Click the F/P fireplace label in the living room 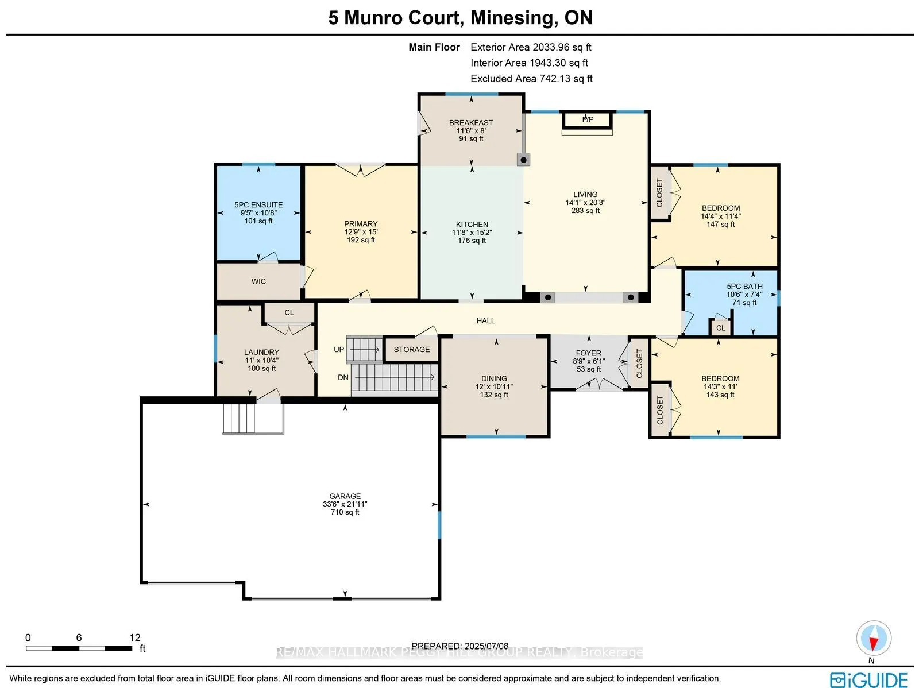pyautogui.click(x=588, y=119)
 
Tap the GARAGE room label pyautogui.click(x=345, y=496)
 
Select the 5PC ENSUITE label pyautogui.click(x=258, y=204)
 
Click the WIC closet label pyautogui.click(x=258, y=281)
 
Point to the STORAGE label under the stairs pyautogui.click(x=411, y=349)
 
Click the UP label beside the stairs pyautogui.click(x=339, y=349)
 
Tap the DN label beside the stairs pyautogui.click(x=343, y=377)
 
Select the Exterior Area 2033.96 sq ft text pyautogui.click(x=530, y=47)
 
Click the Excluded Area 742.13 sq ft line pyautogui.click(x=531, y=78)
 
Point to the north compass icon pyautogui.click(x=873, y=639)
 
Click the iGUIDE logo pyautogui.click(x=868, y=680)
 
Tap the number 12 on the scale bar pyautogui.click(x=134, y=637)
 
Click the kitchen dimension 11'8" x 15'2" pyautogui.click(x=472, y=233)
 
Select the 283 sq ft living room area pyautogui.click(x=585, y=211)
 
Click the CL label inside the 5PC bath pyautogui.click(x=720, y=328)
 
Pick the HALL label pyautogui.click(x=485, y=321)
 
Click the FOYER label pyautogui.click(x=588, y=353)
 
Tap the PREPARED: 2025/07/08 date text pyautogui.click(x=459, y=646)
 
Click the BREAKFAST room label pyautogui.click(x=471, y=122)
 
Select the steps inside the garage pyautogui.click(x=239, y=418)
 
